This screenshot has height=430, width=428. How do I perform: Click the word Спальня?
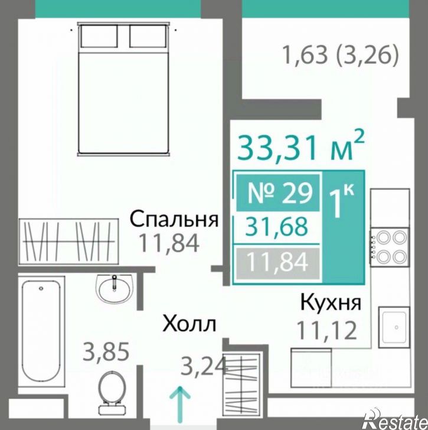tap(174, 219)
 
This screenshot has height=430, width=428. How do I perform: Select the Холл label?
tap(190, 324)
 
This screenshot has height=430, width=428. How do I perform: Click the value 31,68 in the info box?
tap(277, 227)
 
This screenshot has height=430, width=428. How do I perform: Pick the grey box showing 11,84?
tap(277, 261)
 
